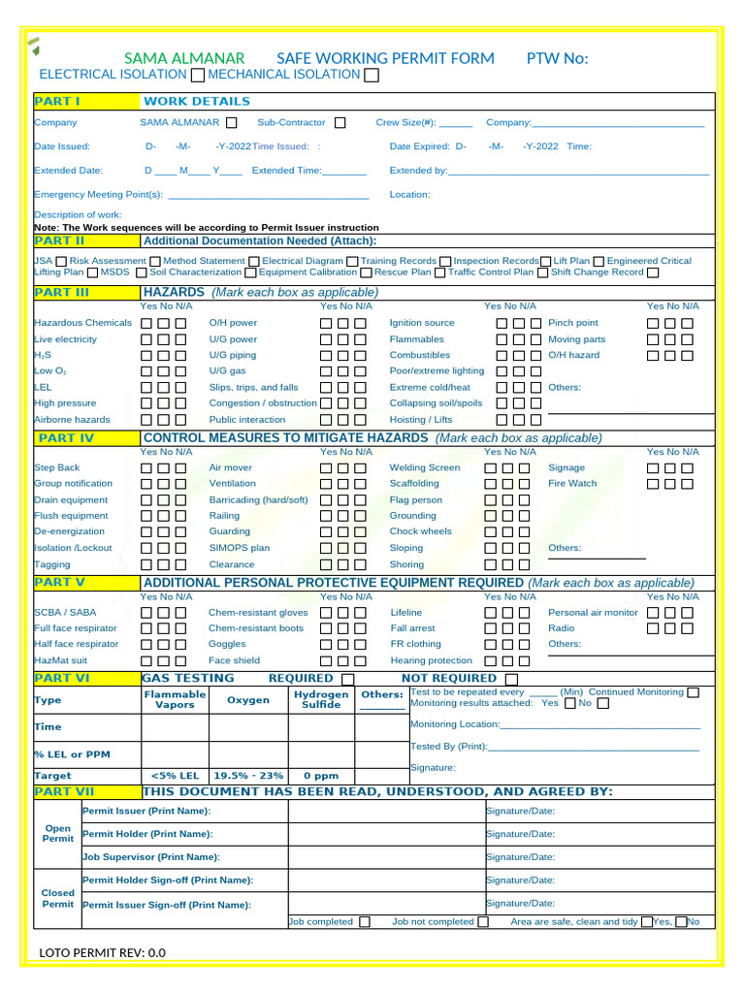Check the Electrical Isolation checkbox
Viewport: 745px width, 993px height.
198,76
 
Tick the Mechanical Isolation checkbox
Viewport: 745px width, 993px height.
372,76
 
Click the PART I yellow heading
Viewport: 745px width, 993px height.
57,101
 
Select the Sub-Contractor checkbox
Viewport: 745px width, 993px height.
340,123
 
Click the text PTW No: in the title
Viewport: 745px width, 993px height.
557,58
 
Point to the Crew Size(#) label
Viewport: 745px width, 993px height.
406,123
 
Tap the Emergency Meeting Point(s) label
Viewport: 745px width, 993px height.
98,194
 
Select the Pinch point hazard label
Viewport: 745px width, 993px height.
573,323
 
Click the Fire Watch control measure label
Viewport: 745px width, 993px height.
572,483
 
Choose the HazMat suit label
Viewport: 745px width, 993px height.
59,660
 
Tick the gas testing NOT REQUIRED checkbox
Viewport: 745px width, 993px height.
512,679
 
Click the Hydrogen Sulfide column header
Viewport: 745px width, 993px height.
321,700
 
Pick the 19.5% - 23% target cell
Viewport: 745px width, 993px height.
248,776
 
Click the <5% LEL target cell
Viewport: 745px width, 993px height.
176,776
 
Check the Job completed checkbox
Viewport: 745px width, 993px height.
364,922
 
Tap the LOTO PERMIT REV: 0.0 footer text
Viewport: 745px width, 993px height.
103,953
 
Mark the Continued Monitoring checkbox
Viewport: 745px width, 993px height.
693,692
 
